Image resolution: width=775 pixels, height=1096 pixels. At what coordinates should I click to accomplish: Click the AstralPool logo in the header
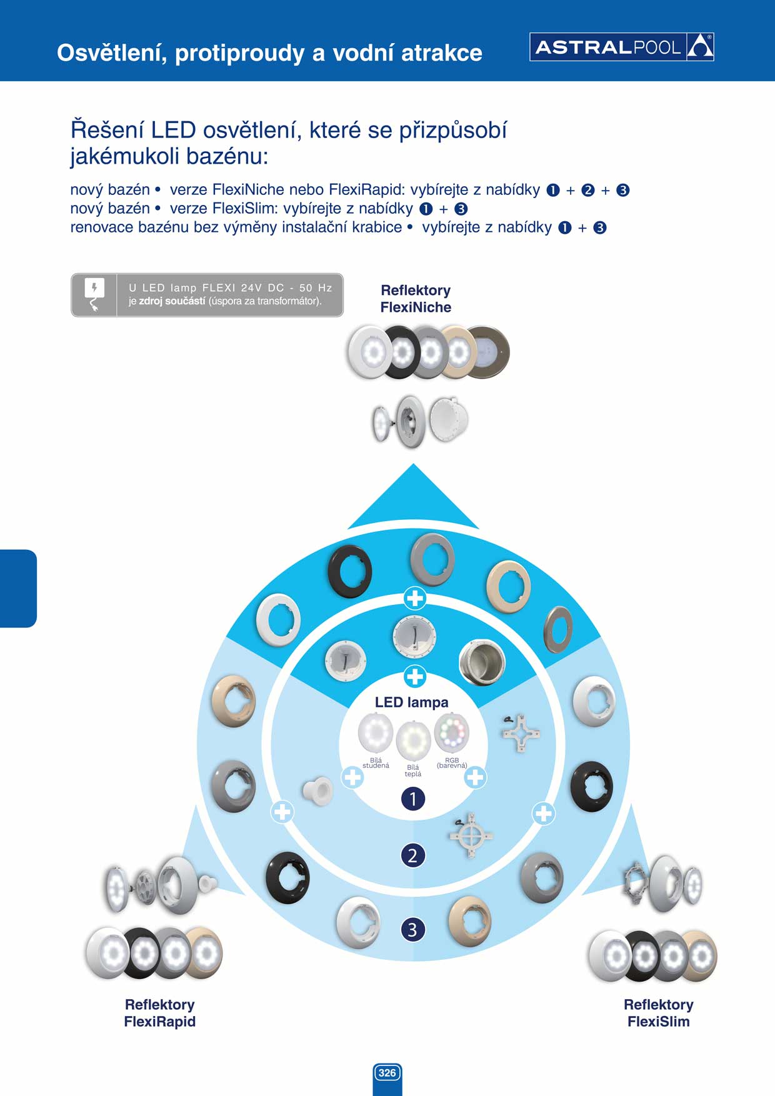pyautogui.click(x=622, y=47)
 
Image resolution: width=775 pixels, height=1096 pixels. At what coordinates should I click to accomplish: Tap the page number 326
pyautogui.click(x=387, y=1073)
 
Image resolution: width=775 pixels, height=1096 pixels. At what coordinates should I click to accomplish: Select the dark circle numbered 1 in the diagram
pyautogui.click(x=412, y=799)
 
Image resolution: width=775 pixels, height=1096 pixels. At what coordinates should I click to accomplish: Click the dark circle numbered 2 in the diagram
pyautogui.click(x=412, y=855)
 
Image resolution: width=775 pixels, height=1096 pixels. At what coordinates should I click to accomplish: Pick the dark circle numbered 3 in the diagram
pyautogui.click(x=412, y=929)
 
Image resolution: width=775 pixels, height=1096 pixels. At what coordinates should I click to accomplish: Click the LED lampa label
pyautogui.click(x=411, y=702)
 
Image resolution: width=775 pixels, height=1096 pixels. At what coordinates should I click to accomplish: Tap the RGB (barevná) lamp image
pyautogui.click(x=451, y=732)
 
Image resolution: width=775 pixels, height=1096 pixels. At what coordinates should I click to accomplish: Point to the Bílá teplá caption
pyautogui.click(x=413, y=770)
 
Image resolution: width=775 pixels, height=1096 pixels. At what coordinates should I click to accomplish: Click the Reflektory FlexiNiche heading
pyautogui.click(x=416, y=299)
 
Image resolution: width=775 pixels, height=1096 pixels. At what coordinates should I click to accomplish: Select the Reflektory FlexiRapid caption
pyautogui.click(x=160, y=1013)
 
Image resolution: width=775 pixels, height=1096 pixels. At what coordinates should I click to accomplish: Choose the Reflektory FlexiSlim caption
pyautogui.click(x=659, y=1013)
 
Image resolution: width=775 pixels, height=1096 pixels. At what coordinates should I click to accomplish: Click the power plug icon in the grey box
pyautogui.click(x=94, y=295)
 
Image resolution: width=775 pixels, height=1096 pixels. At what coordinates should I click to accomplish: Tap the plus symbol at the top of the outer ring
pyautogui.click(x=415, y=599)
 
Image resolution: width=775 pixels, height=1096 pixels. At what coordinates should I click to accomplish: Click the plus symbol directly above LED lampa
pyautogui.click(x=415, y=676)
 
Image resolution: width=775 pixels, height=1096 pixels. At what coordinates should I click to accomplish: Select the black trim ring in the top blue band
pyautogui.click(x=350, y=570)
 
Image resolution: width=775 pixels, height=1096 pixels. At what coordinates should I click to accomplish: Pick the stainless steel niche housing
pyautogui.click(x=482, y=662)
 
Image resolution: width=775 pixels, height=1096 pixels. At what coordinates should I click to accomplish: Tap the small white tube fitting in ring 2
pyautogui.click(x=318, y=791)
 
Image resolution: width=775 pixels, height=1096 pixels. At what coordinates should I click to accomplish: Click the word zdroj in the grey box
pyautogui.click(x=151, y=301)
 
